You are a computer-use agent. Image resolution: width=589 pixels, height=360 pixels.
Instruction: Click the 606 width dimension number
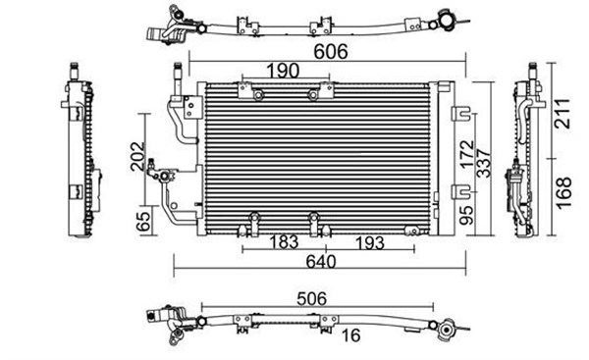coord(331,52)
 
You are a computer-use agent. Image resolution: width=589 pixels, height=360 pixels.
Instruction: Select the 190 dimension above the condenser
coord(283,71)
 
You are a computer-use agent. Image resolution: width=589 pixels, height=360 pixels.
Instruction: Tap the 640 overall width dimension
coord(320,262)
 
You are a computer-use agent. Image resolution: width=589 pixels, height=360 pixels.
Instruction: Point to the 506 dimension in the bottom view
coord(312,299)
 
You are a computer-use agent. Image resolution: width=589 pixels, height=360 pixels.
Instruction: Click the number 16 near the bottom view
coord(351,335)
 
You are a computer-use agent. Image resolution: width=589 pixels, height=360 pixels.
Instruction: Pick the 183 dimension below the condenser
coord(284,242)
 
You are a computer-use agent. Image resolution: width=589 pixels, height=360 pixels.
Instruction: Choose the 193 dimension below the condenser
coord(370,243)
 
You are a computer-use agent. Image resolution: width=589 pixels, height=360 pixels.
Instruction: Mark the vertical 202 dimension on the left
coord(136,156)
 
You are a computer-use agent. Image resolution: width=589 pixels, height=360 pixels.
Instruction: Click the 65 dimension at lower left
coord(144,222)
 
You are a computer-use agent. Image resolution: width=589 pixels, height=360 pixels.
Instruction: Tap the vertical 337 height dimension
coord(484,163)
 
